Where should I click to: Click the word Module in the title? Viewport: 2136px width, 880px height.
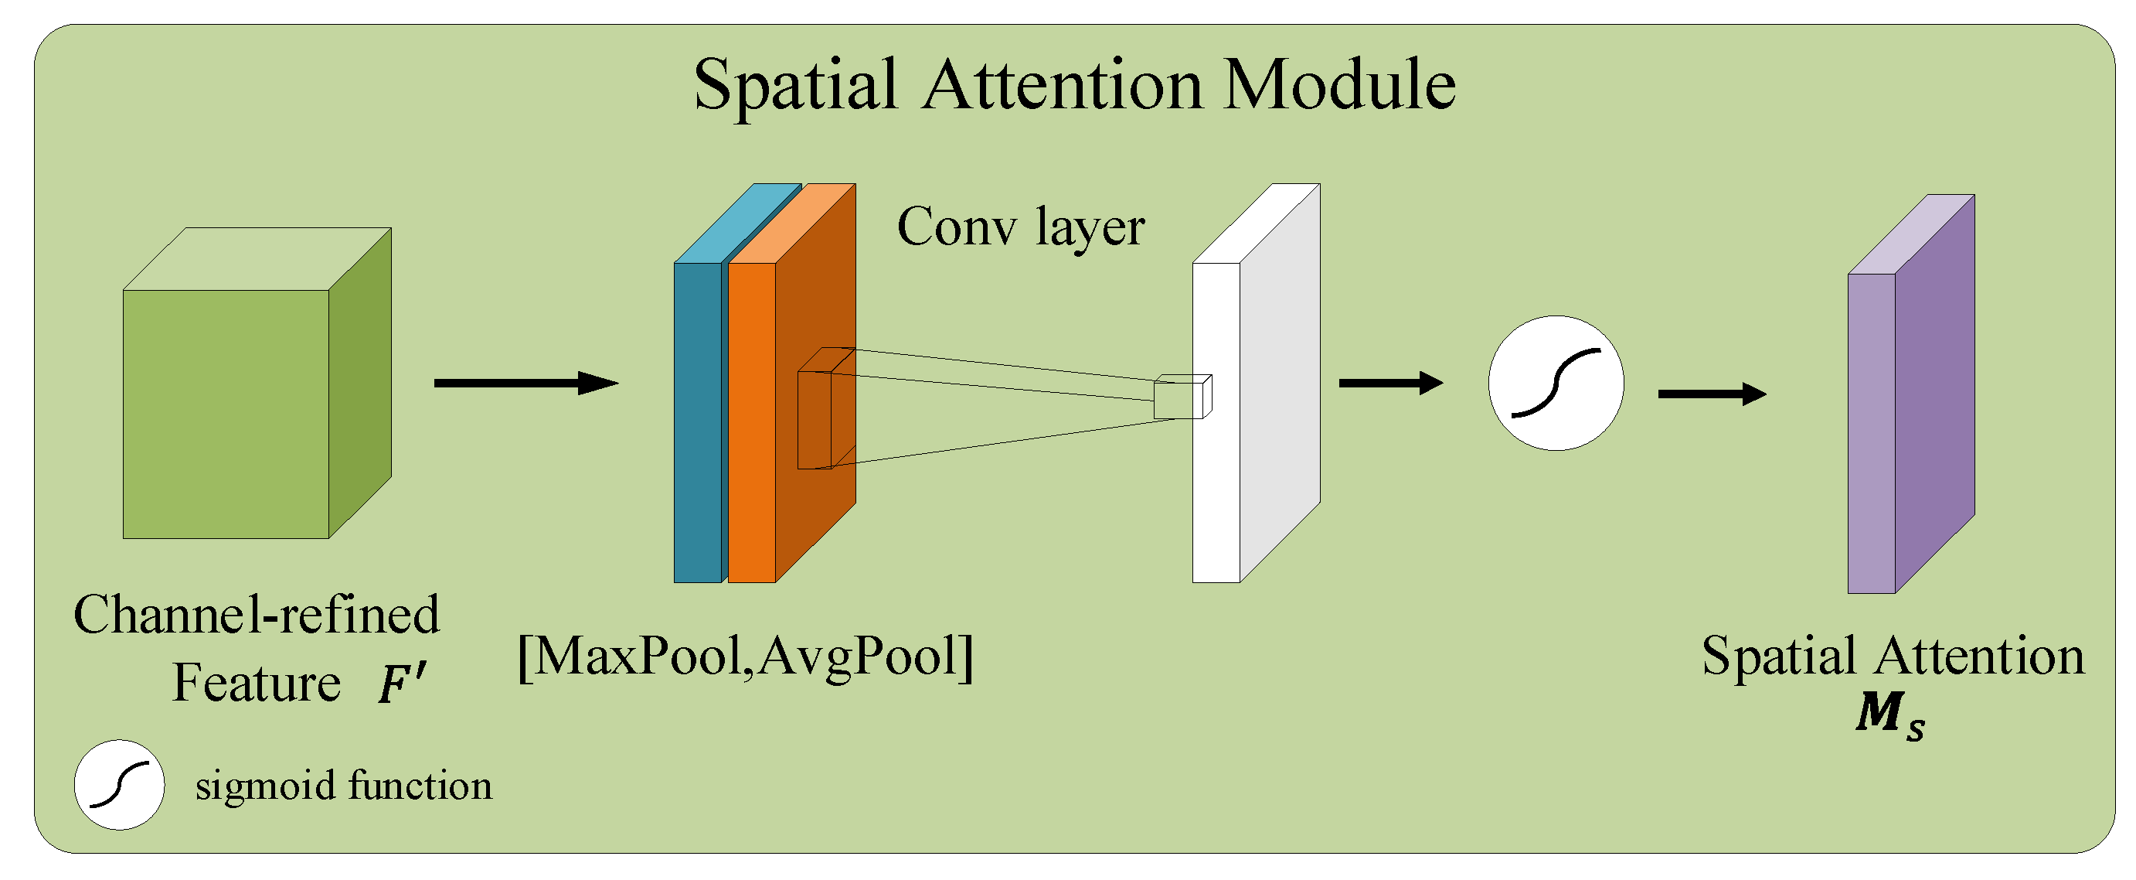pos(1339,85)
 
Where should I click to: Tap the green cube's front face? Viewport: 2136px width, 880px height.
pos(226,414)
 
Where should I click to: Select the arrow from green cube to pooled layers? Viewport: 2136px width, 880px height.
pos(525,384)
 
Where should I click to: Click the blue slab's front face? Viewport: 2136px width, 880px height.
pos(696,422)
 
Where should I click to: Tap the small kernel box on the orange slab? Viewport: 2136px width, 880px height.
pos(815,419)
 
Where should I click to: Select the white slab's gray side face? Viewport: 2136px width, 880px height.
pos(1280,381)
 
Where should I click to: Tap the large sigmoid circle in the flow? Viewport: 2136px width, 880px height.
pos(1556,384)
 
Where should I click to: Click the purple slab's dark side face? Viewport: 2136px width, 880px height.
pos(1934,394)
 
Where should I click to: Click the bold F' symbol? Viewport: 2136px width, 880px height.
pos(402,684)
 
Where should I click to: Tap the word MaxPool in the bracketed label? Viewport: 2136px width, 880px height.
pos(637,657)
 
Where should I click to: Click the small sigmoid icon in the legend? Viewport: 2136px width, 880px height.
pos(120,785)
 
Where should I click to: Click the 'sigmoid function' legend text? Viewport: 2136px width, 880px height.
pos(343,786)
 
